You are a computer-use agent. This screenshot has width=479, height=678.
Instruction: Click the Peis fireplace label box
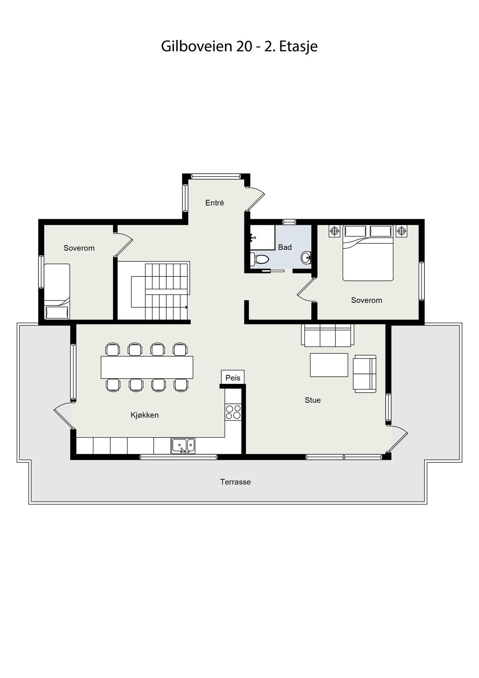pos(233,377)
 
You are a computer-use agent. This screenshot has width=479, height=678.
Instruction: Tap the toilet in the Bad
pos(260,259)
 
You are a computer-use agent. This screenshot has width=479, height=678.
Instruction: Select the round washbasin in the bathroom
pos(306,258)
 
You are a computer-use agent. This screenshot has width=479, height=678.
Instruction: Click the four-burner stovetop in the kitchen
pos(233,412)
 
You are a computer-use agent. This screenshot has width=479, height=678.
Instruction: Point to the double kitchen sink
pos(183,446)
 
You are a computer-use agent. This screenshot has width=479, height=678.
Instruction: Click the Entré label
pos(214,203)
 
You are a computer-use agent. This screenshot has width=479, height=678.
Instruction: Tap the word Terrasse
pos(236,482)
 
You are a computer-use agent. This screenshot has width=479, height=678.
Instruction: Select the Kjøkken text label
pos(144,415)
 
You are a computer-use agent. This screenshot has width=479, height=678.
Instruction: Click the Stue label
pos(313,400)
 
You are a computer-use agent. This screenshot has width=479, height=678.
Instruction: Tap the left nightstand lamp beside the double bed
pos(334,231)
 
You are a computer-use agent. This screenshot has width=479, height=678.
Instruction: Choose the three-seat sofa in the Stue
pos(327,335)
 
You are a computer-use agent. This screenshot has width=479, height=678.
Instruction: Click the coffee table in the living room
pos(329,365)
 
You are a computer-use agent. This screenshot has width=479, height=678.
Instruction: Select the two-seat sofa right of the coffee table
pos(364,374)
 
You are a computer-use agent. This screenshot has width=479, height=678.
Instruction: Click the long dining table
pos(147,367)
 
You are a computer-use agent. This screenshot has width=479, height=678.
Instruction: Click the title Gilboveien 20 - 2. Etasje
pos(239,46)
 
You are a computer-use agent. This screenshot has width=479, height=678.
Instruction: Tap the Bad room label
pos(285,247)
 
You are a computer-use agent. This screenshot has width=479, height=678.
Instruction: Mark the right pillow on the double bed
pos(381,231)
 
